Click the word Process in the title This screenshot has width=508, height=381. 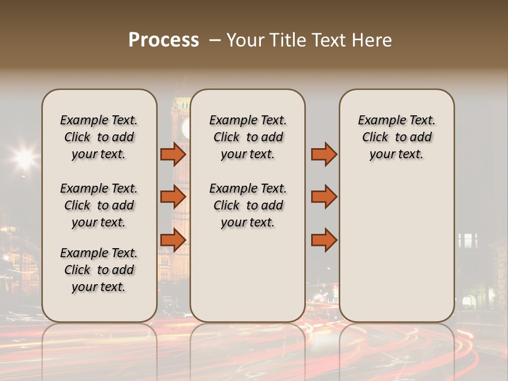(164, 40)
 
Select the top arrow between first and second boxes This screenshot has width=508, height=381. (173, 155)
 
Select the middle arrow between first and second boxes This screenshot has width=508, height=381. (173, 197)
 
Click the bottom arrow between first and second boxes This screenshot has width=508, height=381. (173, 240)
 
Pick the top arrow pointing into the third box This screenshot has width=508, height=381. (324, 155)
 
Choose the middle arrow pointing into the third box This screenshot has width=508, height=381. (324, 197)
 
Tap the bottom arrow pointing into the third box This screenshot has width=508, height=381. (324, 240)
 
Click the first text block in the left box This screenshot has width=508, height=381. (99, 137)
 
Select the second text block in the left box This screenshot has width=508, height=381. (99, 205)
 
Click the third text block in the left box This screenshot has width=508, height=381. (99, 270)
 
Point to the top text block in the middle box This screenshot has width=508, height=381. (248, 137)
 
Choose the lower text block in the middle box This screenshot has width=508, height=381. (248, 205)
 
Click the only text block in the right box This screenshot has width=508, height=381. (396, 137)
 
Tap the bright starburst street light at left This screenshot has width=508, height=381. (24, 158)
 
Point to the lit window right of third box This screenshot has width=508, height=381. (468, 241)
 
